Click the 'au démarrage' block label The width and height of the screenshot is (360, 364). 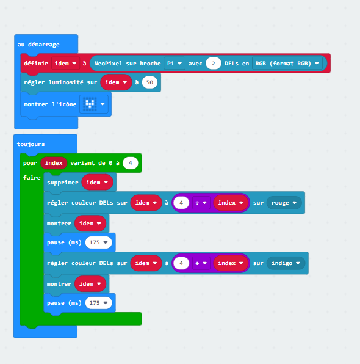click(x=38, y=45)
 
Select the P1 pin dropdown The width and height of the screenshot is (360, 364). click(x=174, y=63)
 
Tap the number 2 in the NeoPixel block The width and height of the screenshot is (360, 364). click(x=213, y=63)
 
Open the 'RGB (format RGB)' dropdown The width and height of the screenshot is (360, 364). click(x=287, y=63)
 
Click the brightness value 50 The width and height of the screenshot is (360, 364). click(x=149, y=82)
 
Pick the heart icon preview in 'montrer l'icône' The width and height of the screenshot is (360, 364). click(x=90, y=104)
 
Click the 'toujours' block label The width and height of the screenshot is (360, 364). click(x=31, y=144)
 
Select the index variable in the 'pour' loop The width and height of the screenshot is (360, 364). click(x=54, y=162)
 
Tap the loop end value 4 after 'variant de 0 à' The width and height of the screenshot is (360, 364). click(x=131, y=163)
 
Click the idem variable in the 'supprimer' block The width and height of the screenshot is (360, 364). click(x=97, y=182)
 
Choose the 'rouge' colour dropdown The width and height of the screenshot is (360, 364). click(x=284, y=203)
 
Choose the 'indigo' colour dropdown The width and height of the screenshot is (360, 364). click(x=286, y=263)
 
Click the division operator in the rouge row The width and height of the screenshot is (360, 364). click(x=201, y=203)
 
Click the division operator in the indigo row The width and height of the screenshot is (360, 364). click(x=201, y=263)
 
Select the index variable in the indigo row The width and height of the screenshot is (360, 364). click(x=231, y=263)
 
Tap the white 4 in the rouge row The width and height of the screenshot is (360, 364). click(x=181, y=203)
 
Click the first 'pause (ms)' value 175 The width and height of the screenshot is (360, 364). click(x=99, y=242)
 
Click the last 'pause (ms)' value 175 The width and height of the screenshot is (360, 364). click(x=99, y=303)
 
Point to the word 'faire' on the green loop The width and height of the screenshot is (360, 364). click(x=32, y=177)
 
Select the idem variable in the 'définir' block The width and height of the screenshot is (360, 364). click(x=65, y=63)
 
